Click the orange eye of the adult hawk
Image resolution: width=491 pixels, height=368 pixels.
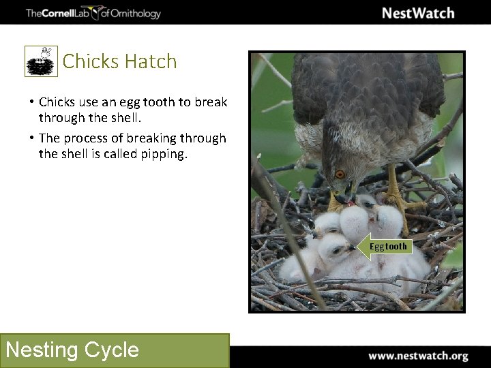[x=339, y=174]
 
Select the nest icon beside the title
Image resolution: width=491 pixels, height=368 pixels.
[x=42, y=62]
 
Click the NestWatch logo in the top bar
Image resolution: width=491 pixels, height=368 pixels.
[x=417, y=13]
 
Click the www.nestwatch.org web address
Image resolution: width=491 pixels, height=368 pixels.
[x=418, y=356]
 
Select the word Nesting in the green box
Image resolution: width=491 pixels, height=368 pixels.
[x=42, y=350]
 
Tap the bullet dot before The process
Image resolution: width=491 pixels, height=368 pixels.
[x=32, y=138]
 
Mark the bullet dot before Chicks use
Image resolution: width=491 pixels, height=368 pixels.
[x=32, y=102]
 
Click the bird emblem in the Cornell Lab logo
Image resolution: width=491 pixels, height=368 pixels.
[x=94, y=13]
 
